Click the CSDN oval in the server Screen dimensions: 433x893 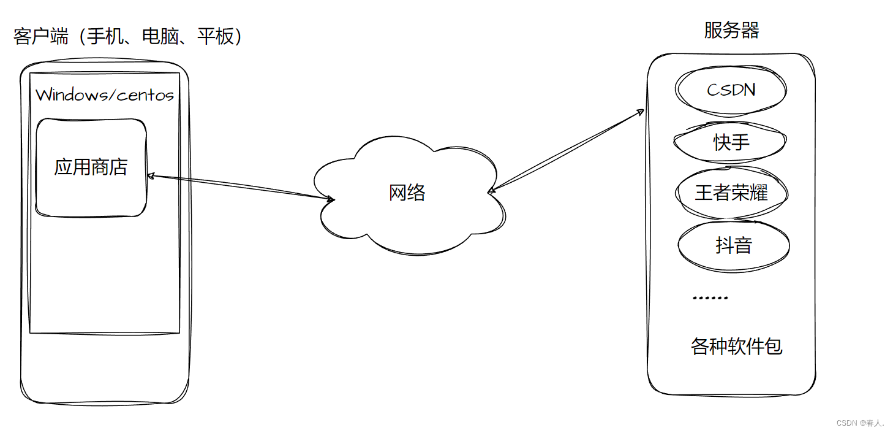[x=731, y=90]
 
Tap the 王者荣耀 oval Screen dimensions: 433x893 [x=731, y=194]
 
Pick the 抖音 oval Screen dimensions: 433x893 [x=733, y=245]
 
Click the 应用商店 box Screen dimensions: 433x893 [x=91, y=167]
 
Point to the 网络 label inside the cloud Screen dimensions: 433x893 [x=407, y=193]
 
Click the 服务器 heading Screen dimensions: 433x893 [x=731, y=31]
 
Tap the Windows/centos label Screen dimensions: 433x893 [x=105, y=95]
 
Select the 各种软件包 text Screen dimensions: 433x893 [x=736, y=347]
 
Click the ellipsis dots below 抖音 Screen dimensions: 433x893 [x=710, y=298]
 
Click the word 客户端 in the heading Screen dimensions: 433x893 [x=40, y=37]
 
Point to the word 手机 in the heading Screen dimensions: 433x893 [x=105, y=37]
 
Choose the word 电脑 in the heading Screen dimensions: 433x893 [x=160, y=37]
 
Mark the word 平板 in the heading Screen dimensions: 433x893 [x=216, y=37]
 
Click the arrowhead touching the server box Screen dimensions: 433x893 [x=641, y=112]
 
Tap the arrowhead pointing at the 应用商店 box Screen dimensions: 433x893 [x=151, y=176]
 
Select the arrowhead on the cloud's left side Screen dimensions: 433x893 [x=331, y=199]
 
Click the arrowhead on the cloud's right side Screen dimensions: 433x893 [x=491, y=191]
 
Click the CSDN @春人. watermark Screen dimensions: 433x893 [x=860, y=423]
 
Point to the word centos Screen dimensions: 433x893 [x=145, y=95]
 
